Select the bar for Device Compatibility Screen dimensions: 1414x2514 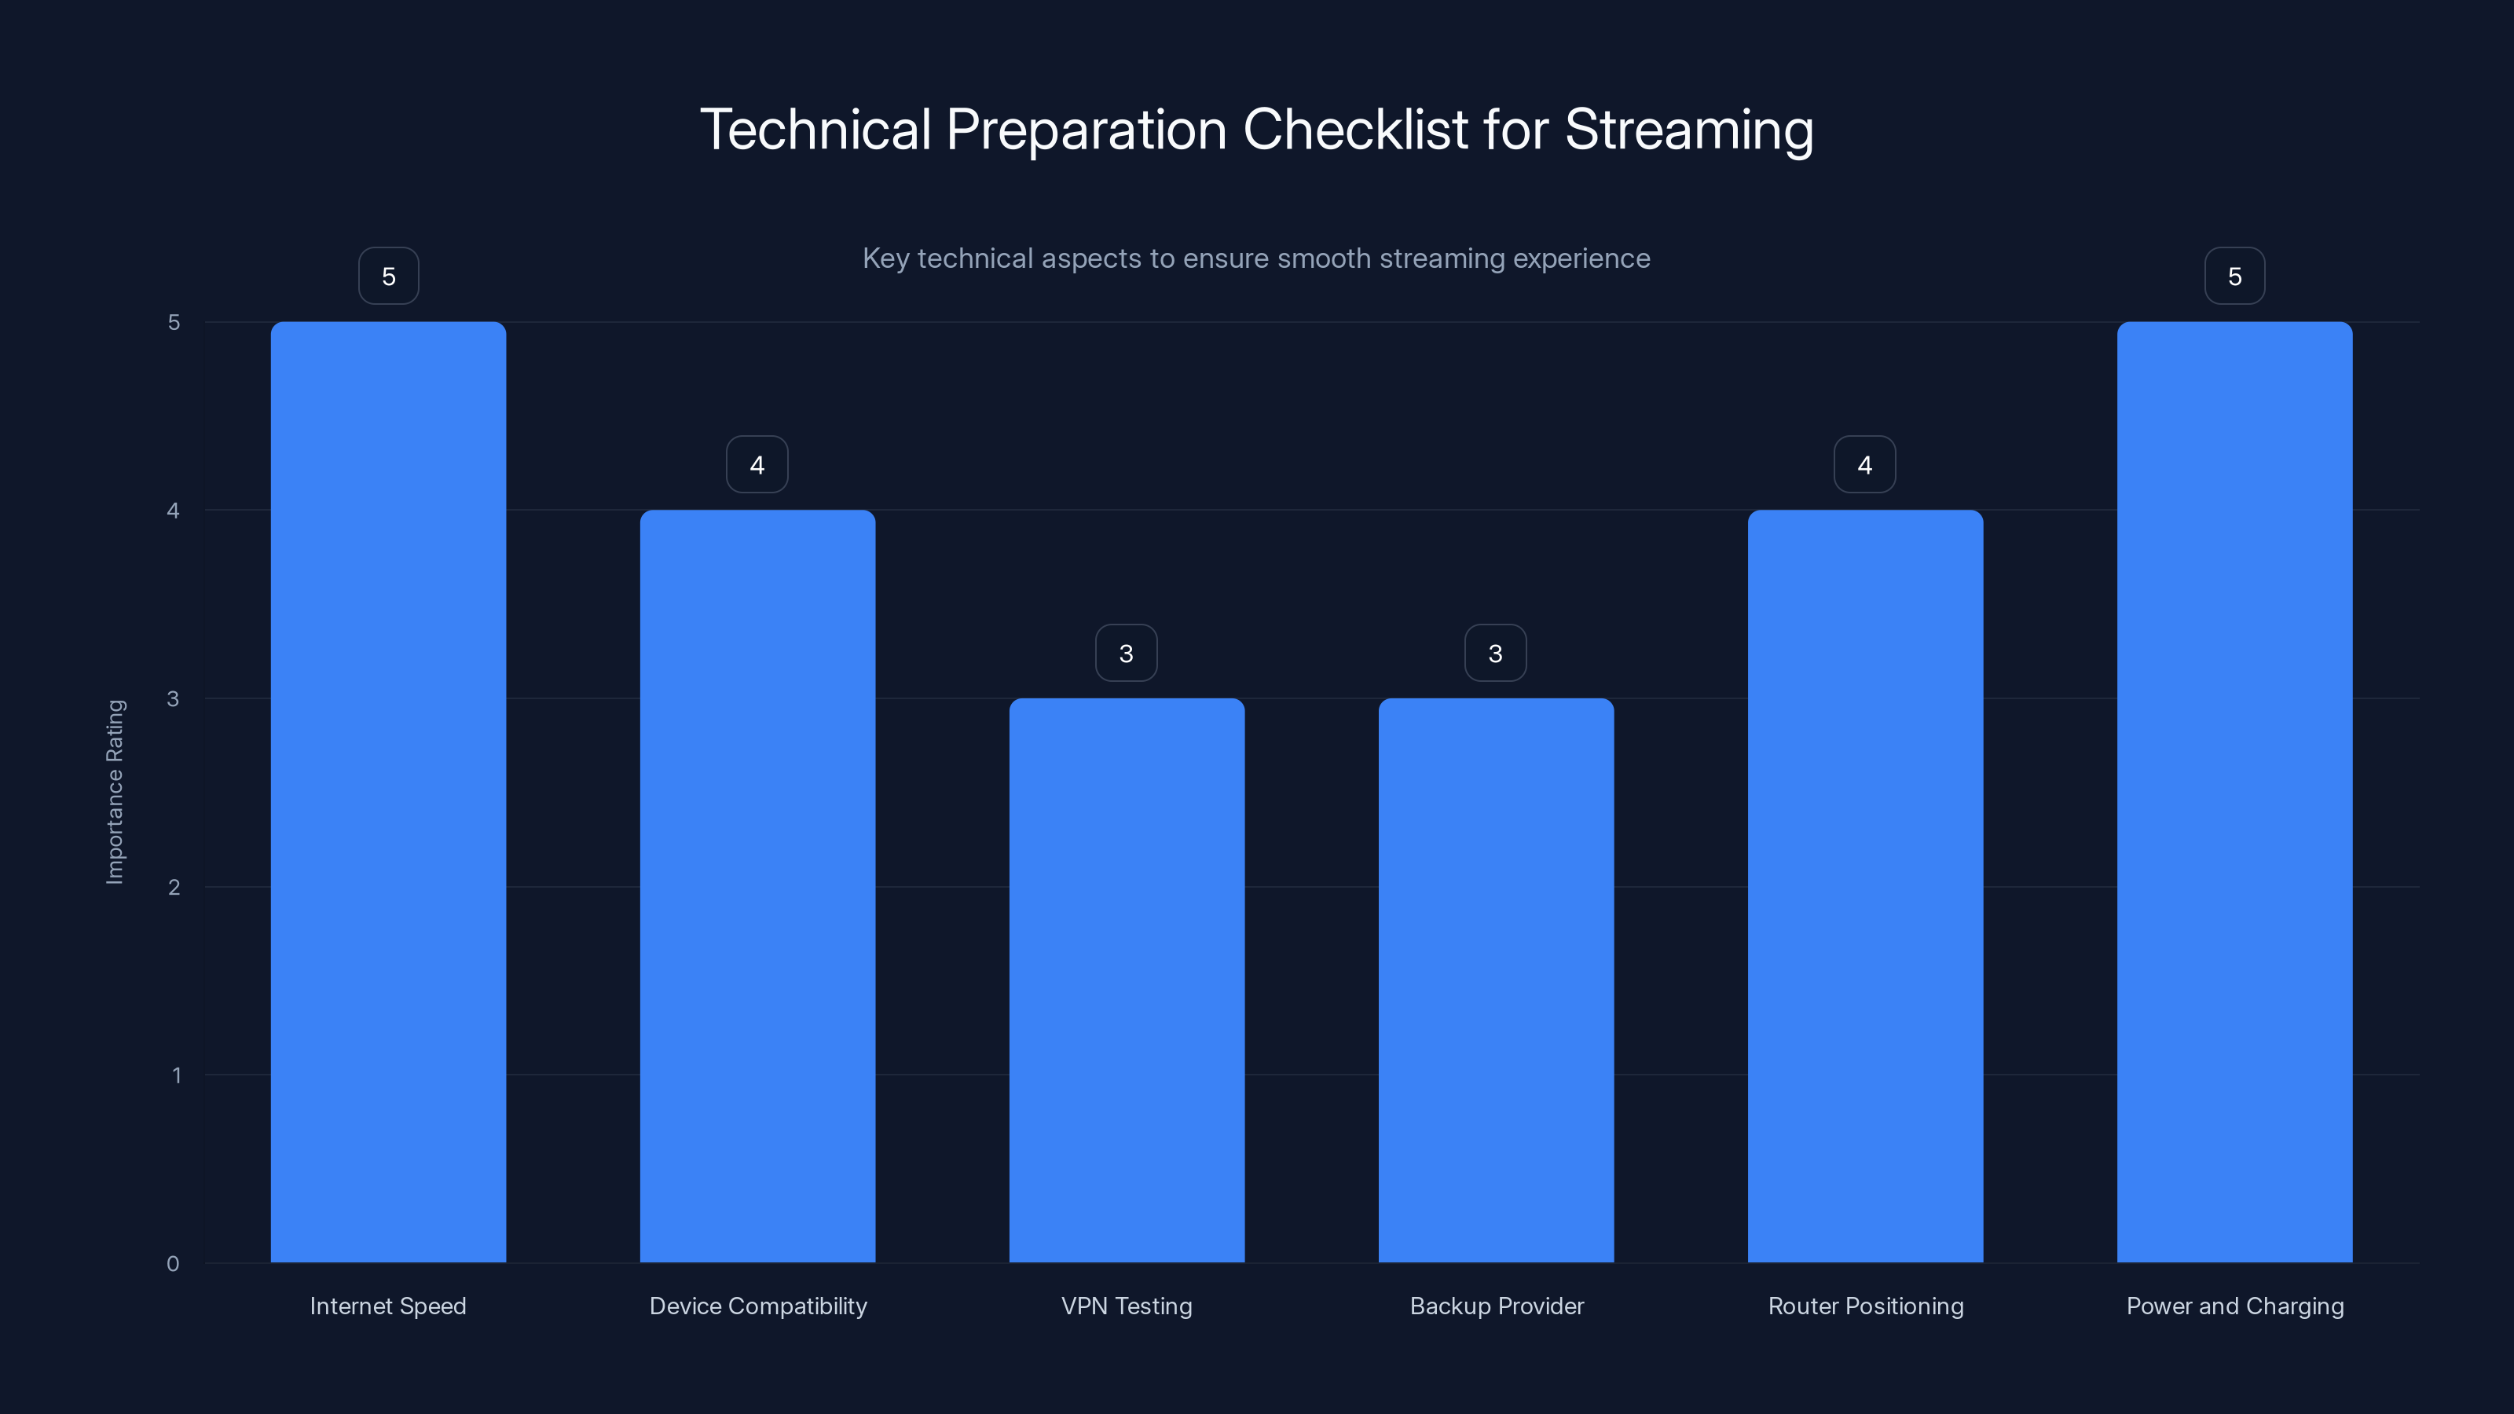click(x=757, y=886)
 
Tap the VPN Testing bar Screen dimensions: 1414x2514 click(x=1127, y=980)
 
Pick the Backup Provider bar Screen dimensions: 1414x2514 click(x=1495, y=980)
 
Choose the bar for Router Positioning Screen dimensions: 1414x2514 click(x=1865, y=886)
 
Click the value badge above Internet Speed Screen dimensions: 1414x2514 click(x=388, y=277)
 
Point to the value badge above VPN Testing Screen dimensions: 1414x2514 click(x=1127, y=653)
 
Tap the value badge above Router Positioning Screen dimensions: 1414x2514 click(x=1864, y=464)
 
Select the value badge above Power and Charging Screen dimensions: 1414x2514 click(x=2234, y=277)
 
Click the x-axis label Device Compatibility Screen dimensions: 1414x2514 click(x=758, y=1306)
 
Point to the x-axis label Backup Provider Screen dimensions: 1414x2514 click(x=1496, y=1306)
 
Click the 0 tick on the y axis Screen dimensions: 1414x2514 click(x=173, y=1264)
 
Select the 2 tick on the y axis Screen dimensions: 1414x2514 click(x=174, y=887)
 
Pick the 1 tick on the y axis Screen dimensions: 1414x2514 click(x=176, y=1075)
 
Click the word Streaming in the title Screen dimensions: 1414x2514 click(x=1688, y=130)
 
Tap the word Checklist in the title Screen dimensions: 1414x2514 click(x=1355, y=130)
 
